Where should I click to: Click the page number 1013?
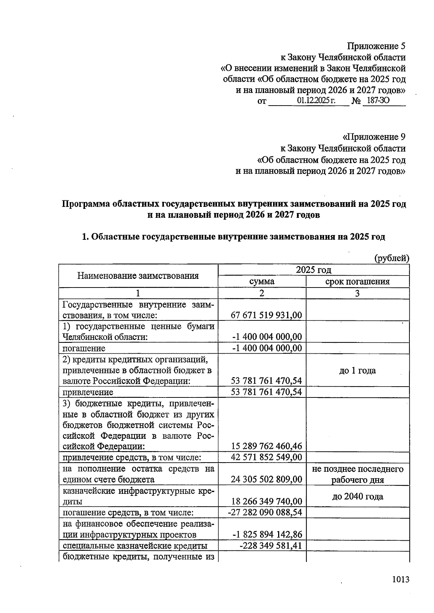pyautogui.click(x=400, y=579)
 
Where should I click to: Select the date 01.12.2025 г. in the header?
pyautogui.click(x=316, y=101)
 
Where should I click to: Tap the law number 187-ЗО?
pyautogui.click(x=378, y=101)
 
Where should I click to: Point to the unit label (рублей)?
pyautogui.click(x=391, y=258)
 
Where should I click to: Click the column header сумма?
pyautogui.click(x=261, y=281)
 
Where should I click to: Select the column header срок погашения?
pyautogui.click(x=357, y=281)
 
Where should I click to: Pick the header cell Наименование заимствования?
pyautogui.click(x=138, y=276)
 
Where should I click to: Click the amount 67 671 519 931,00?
pyautogui.click(x=266, y=315)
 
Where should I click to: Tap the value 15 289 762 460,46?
pyautogui.click(x=266, y=446)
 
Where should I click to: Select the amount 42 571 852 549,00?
pyautogui.click(x=266, y=457)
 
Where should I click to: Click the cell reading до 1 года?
pyautogui.click(x=357, y=370)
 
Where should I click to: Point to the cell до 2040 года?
pyautogui.click(x=357, y=496)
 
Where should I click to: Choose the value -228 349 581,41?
pyautogui.click(x=271, y=545)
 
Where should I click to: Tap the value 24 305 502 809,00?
pyautogui.click(x=266, y=480)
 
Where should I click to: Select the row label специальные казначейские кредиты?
pyautogui.click(x=135, y=546)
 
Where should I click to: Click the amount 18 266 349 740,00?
pyautogui.click(x=266, y=501)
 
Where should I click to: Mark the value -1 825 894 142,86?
pyautogui.click(x=267, y=535)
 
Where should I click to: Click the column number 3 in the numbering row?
pyautogui.click(x=357, y=293)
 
